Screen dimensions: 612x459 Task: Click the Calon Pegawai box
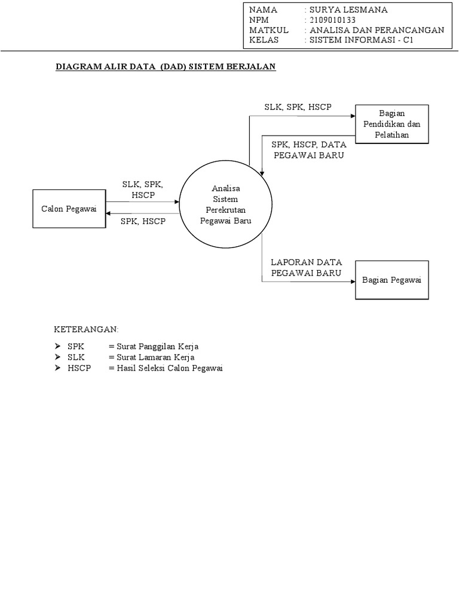69,208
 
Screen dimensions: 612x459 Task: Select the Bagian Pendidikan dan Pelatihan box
391,124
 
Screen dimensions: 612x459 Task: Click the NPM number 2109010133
330,20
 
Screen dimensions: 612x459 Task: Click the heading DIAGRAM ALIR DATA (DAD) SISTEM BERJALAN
166,68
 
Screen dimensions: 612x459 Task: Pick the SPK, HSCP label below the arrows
143,221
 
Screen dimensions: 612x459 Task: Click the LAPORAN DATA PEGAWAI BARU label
307,267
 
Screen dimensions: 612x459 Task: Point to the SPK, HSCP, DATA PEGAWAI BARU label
308,149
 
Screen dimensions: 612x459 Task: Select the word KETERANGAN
87,329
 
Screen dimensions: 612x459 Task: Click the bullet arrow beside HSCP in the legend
58,368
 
